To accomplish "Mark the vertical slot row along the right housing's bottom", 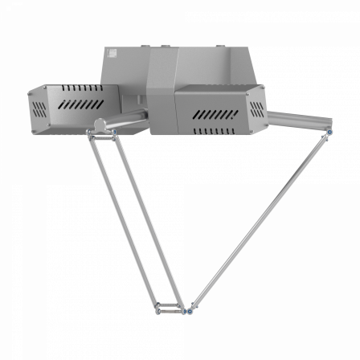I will pyautogui.click(x=215, y=130).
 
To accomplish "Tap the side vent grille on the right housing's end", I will pyautogui.click(x=256, y=108).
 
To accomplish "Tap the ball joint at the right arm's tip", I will pyautogui.click(x=329, y=132).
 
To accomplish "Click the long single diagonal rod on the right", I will pyautogui.click(x=257, y=221).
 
